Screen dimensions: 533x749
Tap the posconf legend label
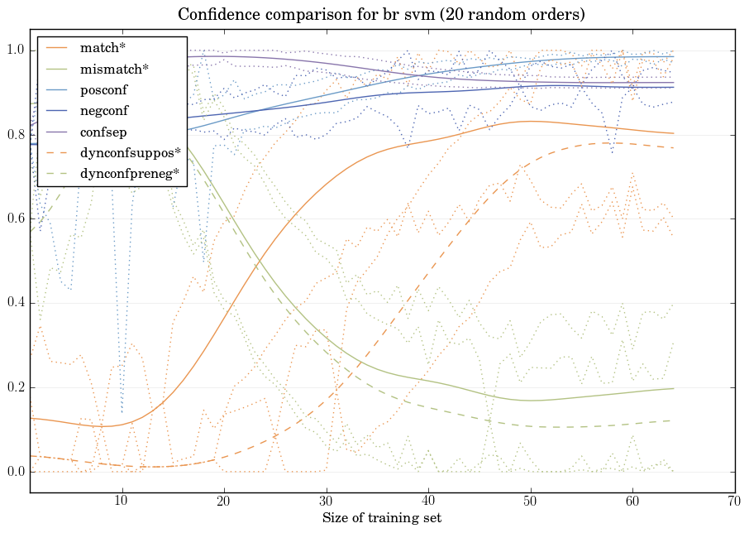point(103,90)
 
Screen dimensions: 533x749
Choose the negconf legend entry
point(103,111)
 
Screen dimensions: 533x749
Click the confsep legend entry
point(102,132)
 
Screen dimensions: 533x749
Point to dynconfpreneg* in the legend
point(131,173)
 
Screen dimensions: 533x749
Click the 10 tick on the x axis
point(122,502)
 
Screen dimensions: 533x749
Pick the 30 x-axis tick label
point(326,502)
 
